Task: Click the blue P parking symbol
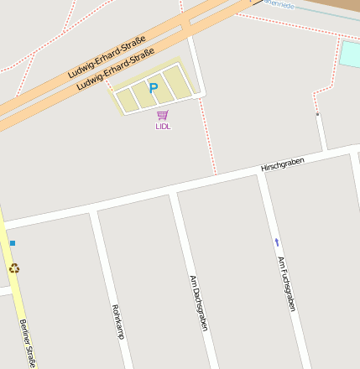154,87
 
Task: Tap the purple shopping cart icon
162,115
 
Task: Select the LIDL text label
162,127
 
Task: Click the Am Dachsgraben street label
198,303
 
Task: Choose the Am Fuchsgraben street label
287,283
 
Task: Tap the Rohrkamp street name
117,321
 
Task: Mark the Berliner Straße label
28,343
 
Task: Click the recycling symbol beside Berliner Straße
13,268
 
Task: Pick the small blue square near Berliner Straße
13,243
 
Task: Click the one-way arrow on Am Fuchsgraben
277,242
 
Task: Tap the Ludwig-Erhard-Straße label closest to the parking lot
116,70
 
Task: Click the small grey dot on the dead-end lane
317,113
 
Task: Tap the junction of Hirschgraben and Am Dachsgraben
173,193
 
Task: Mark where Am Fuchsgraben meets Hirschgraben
260,173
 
